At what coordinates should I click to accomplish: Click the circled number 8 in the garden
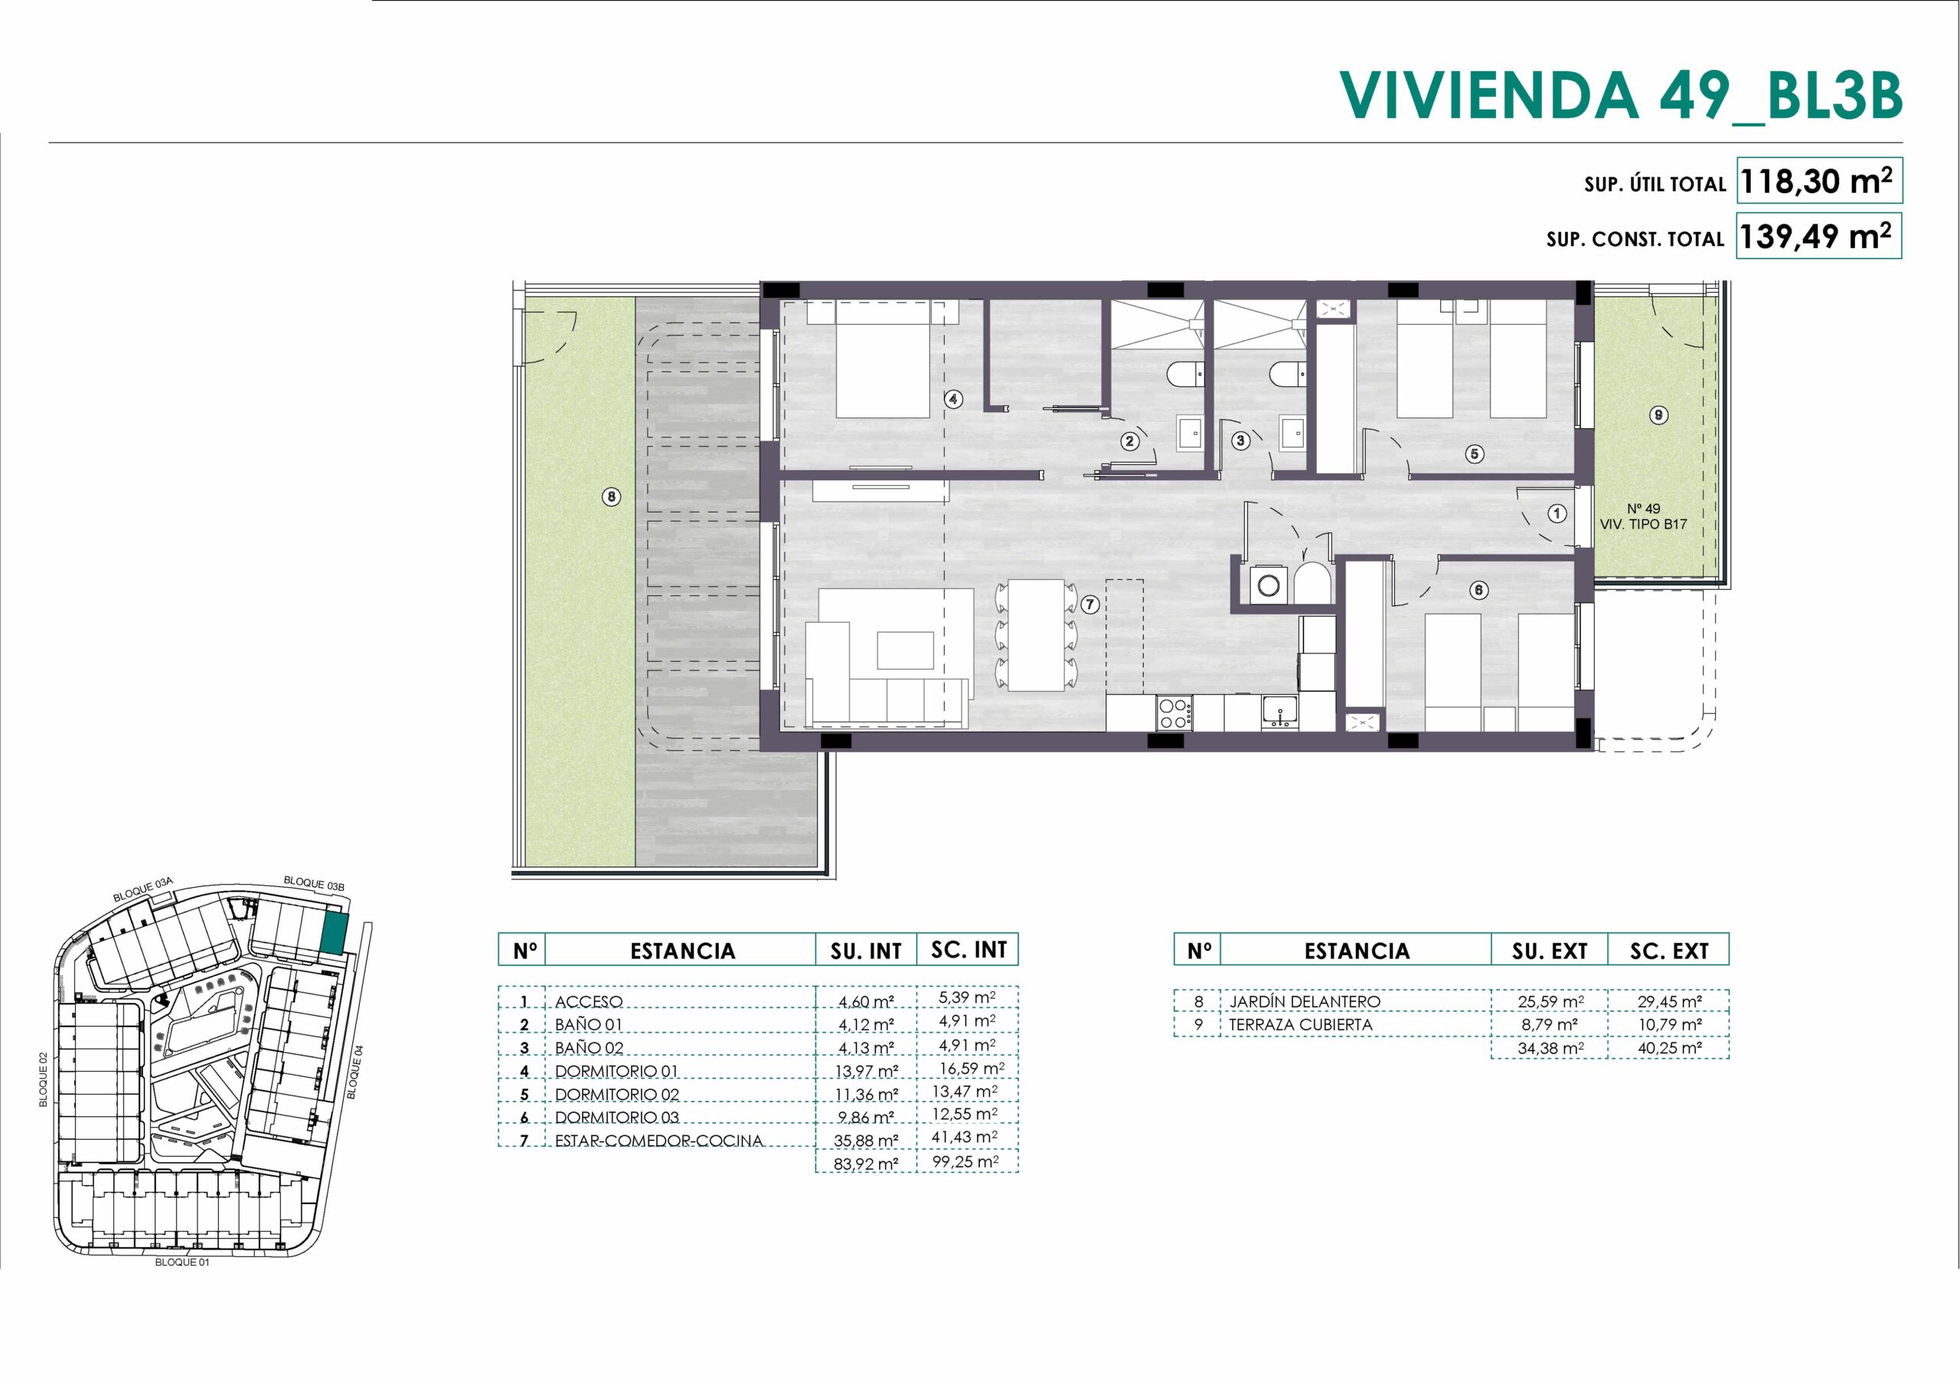(x=611, y=496)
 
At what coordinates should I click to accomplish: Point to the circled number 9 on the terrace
(x=1658, y=416)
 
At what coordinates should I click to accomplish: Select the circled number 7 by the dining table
(x=1089, y=604)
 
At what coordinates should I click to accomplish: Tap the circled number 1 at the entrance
(x=1557, y=514)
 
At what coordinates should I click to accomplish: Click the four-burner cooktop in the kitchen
(x=1174, y=713)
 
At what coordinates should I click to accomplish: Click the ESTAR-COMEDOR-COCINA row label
(x=658, y=1140)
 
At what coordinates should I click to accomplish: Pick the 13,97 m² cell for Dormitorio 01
(x=867, y=1071)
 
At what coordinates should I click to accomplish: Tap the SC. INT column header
(x=968, y=950)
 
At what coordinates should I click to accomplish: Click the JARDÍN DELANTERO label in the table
(x=1305, y=1000)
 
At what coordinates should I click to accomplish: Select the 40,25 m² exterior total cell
(x=1670, y=1048)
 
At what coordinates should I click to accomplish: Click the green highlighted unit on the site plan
(x=335, y=932)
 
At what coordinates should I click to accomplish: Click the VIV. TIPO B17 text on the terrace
(x=1643, y=524)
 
